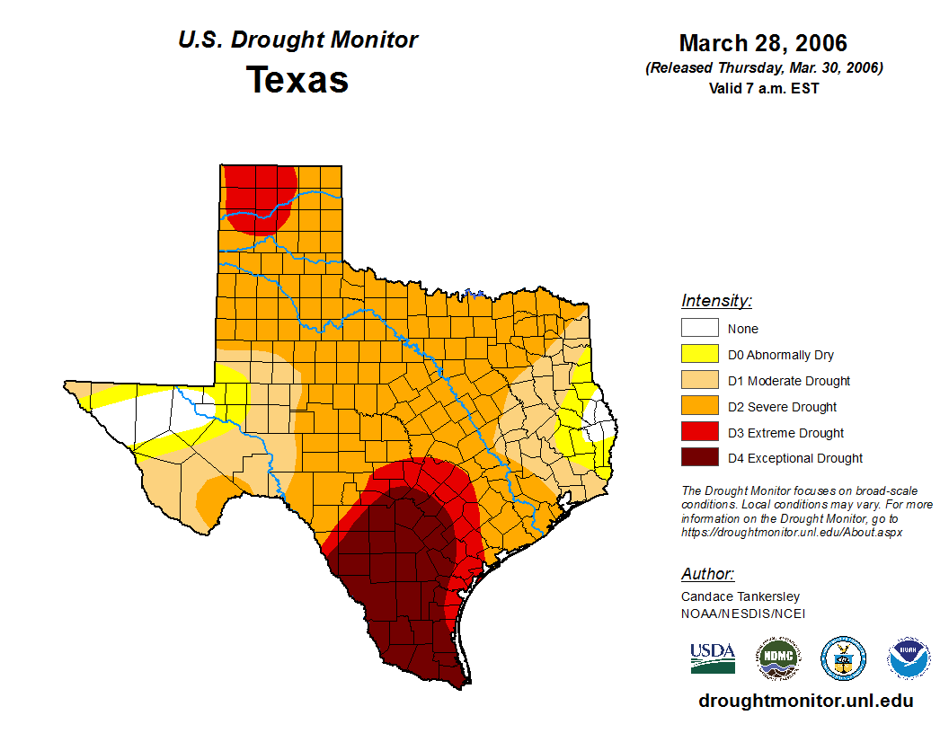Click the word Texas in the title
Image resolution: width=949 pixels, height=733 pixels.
point(297,80)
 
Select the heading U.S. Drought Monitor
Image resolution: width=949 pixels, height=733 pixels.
point(297,40)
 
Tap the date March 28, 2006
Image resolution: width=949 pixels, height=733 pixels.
point(763,43)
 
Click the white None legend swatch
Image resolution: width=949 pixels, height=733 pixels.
point(699,329)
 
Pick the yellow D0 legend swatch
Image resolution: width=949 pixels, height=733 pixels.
point(699,355)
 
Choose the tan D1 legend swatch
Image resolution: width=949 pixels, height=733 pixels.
point(699,381)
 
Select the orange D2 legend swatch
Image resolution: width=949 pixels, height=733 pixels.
point(699,407)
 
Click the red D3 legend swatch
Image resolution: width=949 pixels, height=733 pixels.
point(699,433)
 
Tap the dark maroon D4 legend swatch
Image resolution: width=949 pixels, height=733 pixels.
point(699,458)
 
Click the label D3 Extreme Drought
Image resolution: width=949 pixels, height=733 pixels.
point(785,433)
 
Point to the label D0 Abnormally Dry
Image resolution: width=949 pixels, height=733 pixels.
point(781,355)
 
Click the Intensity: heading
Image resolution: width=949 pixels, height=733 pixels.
point(716,301)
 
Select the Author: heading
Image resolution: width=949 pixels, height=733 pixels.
point(707,574)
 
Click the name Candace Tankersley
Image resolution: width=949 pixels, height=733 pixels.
point(741,596)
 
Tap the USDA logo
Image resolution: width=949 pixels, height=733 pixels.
point(713,658)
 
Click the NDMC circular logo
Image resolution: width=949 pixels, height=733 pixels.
point(777,658)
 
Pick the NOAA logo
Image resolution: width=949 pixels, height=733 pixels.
point(909,658)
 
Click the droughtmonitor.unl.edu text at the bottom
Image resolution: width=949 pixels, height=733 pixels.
point(805,702)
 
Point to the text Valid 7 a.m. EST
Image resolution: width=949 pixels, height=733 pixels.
point(764,88)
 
